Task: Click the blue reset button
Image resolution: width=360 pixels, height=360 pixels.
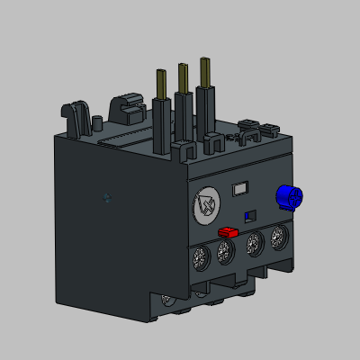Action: (x=288, y=197)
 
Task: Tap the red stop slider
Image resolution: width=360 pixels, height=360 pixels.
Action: (x=228, y=230)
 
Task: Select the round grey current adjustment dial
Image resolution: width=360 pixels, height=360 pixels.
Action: (x=207, y=206)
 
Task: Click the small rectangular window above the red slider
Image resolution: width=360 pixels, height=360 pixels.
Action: (x=240, y=189)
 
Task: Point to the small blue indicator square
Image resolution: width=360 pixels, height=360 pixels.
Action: (x=250, y=215)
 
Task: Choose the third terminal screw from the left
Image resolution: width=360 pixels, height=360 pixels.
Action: (x=255, y=243)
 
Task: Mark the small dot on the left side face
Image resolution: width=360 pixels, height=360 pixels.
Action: (x=107, y=198)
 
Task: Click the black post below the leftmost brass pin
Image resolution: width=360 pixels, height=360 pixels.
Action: (x=162, y=126)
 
